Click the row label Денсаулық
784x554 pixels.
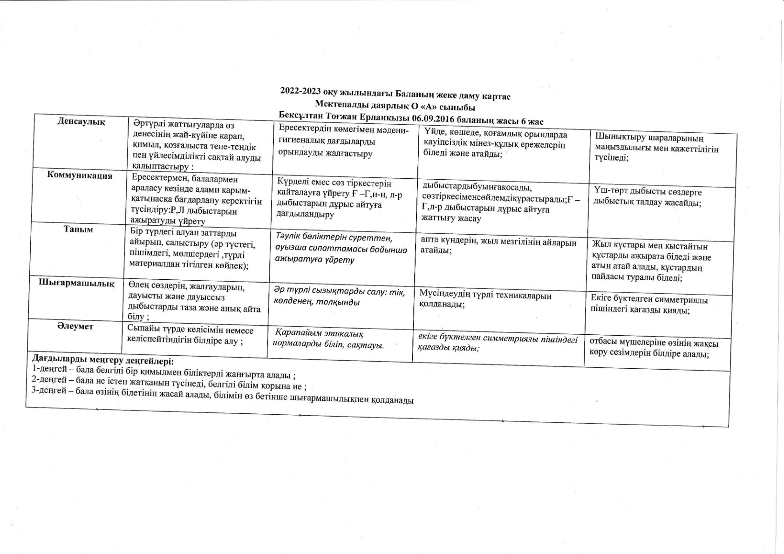[x=81, y=122]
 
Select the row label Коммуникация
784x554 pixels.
[x=80, y=176]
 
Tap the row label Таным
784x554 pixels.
[x=78, y=230]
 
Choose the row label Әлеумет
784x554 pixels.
[x=75, y=326]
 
